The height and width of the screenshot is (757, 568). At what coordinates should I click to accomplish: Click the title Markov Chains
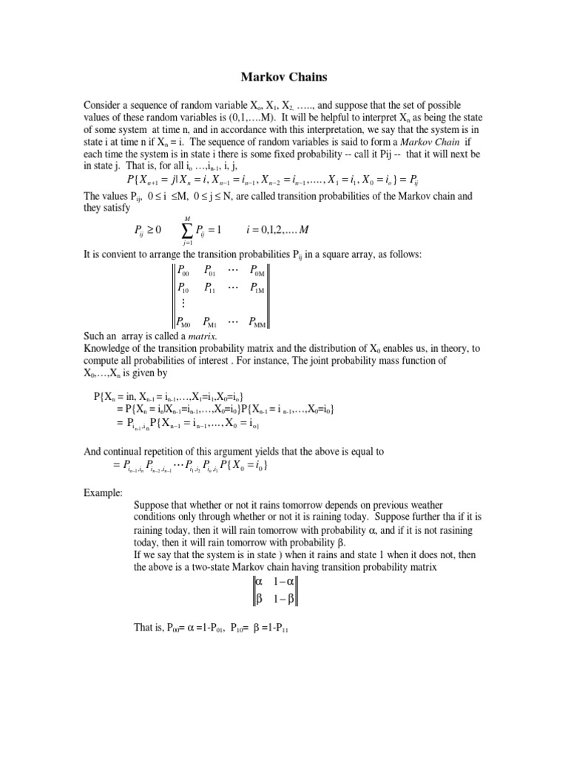pos(283,76)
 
